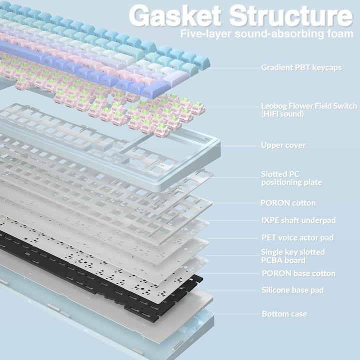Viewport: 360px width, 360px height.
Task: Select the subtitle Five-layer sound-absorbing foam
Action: pos(267,34)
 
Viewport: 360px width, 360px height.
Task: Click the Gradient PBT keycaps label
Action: pos(301,67)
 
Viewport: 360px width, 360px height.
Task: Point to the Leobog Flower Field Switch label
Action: pos(309,106)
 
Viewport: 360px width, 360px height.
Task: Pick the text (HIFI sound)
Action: pos(282,114)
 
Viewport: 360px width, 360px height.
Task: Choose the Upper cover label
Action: pos(283,145)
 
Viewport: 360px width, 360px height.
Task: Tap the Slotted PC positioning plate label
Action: pos(291,178)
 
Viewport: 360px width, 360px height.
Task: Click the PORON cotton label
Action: pos(288,203)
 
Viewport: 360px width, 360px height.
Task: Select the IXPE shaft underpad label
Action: pos(298,220)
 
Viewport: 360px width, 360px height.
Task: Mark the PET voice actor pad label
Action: pos(297,237)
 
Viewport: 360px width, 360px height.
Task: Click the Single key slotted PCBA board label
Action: pos(293,256)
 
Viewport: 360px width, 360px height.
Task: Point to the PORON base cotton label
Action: pos(298,273)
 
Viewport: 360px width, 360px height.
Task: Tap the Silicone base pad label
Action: pos(292,290)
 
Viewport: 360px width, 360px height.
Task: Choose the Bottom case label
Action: pos(284,314)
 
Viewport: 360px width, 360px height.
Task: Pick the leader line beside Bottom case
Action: pos(236,314)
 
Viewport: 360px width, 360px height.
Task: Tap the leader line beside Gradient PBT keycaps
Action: pos(233,68)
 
